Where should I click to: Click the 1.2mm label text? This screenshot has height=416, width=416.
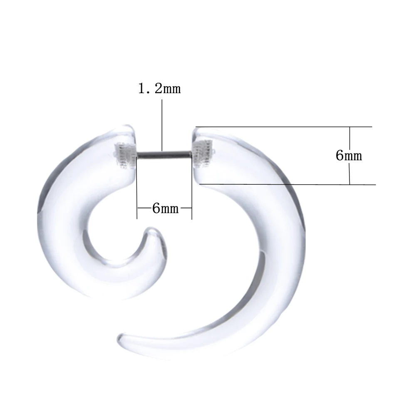coord(159,88)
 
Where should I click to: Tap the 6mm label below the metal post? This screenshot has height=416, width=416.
coord(165,208)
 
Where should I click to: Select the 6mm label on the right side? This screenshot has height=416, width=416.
coord(349,156)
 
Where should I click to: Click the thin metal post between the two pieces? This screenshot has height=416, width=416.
coord(163,154)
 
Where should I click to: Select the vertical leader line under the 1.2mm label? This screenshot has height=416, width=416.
coord(162,125)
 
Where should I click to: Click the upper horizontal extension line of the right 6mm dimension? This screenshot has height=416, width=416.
coord(284,127)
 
